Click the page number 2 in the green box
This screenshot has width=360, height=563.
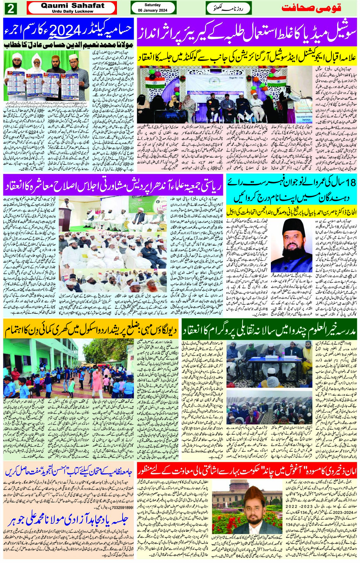(10, 8)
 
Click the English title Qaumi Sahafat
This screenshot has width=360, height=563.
(72, 6)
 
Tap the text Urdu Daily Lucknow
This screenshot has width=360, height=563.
(72, 11)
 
